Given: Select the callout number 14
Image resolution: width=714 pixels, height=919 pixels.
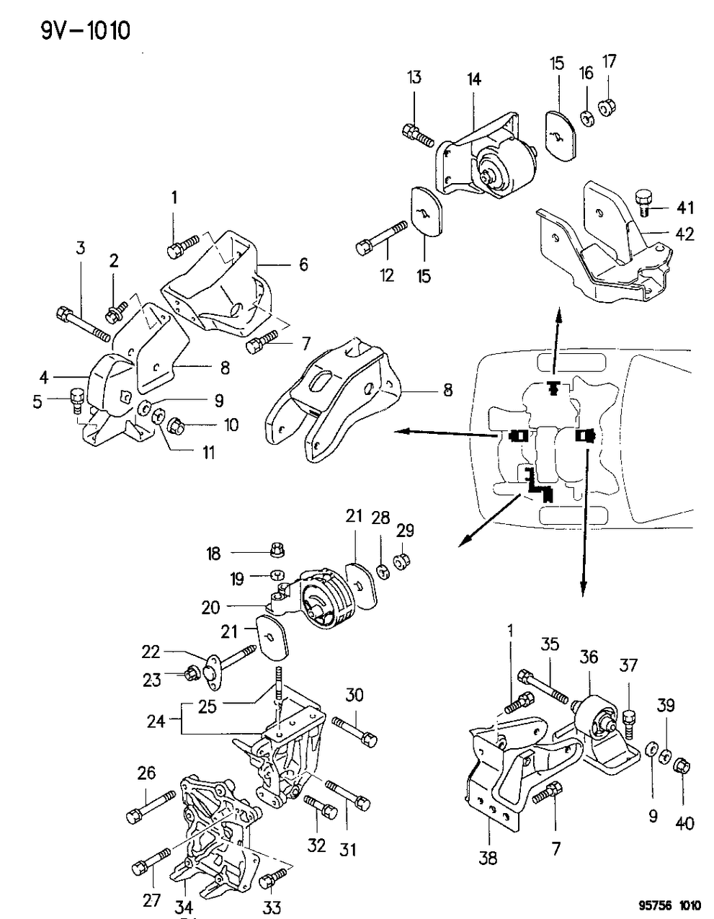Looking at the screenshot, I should (475, 79).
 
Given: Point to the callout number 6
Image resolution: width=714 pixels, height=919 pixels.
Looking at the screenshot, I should (303, 265).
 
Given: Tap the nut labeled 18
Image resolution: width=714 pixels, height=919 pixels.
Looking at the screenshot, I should (277, 552).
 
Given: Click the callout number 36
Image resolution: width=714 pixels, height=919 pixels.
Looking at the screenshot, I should (589, 657).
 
